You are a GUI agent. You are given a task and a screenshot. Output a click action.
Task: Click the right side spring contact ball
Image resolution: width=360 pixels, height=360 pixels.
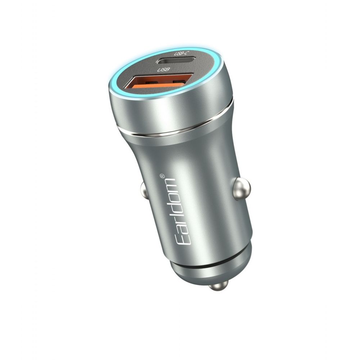(241, 189)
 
